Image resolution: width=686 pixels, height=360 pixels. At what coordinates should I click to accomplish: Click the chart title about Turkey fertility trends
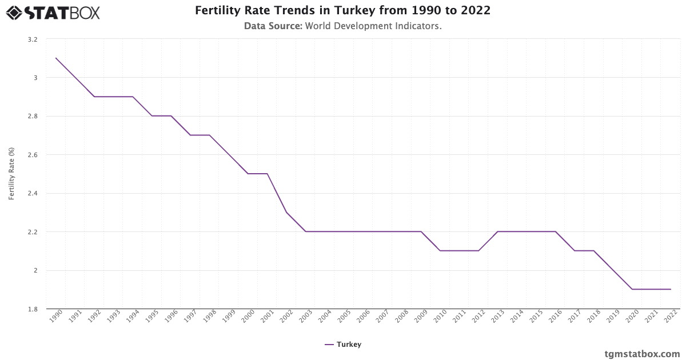click(x=343, y=11)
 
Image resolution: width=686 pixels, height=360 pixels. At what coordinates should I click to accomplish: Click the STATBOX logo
click(x=53, y=12)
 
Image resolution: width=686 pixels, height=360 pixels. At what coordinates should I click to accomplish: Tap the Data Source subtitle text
click(x=343, y=26)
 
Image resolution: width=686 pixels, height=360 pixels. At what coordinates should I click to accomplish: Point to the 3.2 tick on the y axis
click(x=32, y=39)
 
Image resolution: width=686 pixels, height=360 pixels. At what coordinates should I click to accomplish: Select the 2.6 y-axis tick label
click(x=32, y=155)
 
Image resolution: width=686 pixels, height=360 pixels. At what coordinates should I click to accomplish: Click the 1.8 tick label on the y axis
click(x=32, y=309)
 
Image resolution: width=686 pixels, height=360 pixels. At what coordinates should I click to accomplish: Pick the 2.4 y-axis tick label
click(x=32, y=194)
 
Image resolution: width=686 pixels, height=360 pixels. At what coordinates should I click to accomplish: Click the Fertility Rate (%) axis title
click(x=11, y=174)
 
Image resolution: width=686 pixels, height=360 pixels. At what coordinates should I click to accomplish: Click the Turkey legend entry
click(x=343, y=345)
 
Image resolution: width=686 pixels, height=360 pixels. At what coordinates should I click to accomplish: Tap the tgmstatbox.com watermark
click(x=642, y=354)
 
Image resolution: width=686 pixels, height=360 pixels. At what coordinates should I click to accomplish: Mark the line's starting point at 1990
click(x=56, y=58)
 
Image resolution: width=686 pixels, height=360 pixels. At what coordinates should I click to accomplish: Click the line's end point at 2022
click(x=671, y=289)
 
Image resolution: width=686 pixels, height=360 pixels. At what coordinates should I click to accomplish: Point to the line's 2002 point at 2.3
click(x=286, y=213)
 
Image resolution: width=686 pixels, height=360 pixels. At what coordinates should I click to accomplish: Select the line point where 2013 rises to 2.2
click(x=498, y=231)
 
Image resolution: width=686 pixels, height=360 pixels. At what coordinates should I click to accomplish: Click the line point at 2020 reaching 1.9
click(x=632, y=289)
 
